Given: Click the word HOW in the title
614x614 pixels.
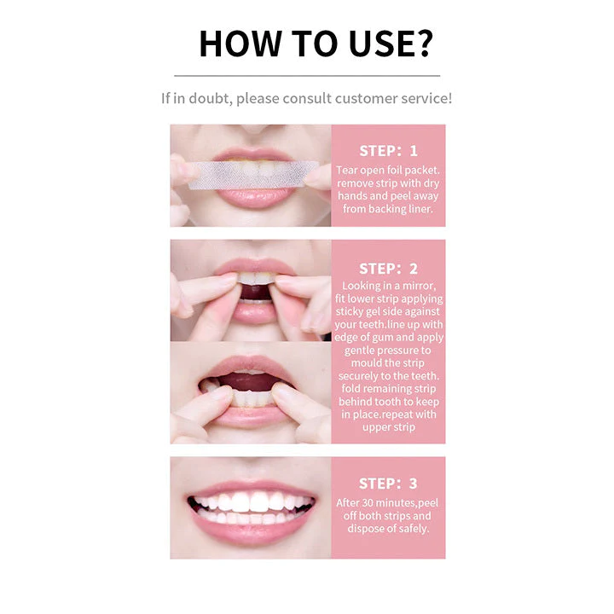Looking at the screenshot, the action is (240, 43).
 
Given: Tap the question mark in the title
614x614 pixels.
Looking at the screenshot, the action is (422, 43).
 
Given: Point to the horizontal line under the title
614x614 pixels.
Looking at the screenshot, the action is (307, 76).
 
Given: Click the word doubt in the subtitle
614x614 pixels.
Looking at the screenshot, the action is (210, 98).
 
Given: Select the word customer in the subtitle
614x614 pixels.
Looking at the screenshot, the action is (360, 98).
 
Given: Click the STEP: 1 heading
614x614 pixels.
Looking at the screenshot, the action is (389, 151).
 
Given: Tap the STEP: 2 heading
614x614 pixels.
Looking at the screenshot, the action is (389, 269).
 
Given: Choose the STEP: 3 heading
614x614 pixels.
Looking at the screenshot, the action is (389, 484).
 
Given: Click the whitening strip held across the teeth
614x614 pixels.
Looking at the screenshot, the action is (254, 175).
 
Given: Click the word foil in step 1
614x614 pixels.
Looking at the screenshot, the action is (394, 170).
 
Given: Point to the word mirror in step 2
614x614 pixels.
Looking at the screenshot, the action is (419, 286).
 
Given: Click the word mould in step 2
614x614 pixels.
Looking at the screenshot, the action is (367, 363).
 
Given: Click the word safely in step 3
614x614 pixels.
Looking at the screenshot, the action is (414, 529).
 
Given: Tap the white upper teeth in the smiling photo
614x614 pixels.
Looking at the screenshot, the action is (252, 501).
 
